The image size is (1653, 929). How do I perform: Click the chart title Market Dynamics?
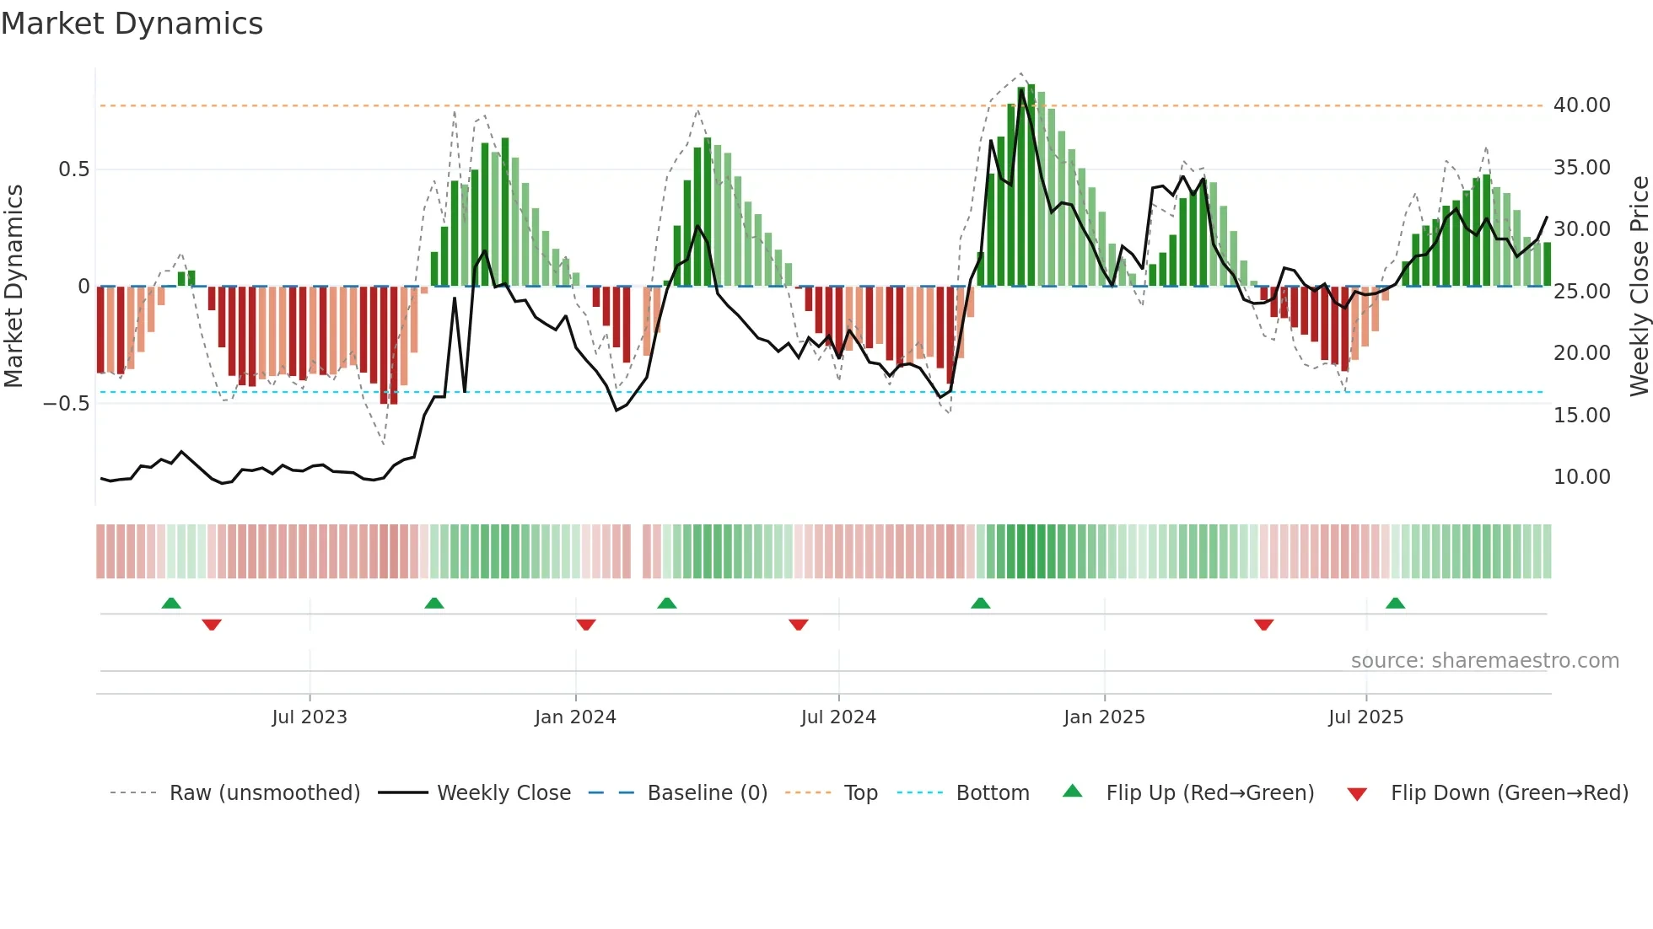pos(132,24)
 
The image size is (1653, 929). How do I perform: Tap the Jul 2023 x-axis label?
pos(310,717)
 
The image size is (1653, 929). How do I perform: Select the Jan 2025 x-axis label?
pos(1104,717)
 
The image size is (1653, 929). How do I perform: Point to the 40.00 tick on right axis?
pos(1581,105)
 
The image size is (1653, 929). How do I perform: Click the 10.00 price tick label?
pos(1581,477)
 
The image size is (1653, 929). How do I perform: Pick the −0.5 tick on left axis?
pos(67,404)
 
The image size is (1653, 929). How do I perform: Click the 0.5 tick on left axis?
pos(73,169)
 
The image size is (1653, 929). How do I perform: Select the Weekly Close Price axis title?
pos(1639,286)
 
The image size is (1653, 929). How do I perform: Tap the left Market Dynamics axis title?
pos(13,286)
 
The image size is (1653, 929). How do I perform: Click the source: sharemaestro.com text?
pos(1484,661)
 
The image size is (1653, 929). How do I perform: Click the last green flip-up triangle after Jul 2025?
pos(1395,603)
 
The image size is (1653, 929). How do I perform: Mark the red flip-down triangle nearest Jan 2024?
pos(586,625)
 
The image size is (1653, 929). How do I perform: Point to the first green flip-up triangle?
pos(171,603)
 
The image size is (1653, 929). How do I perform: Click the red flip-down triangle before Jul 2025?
pos(1263,625)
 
